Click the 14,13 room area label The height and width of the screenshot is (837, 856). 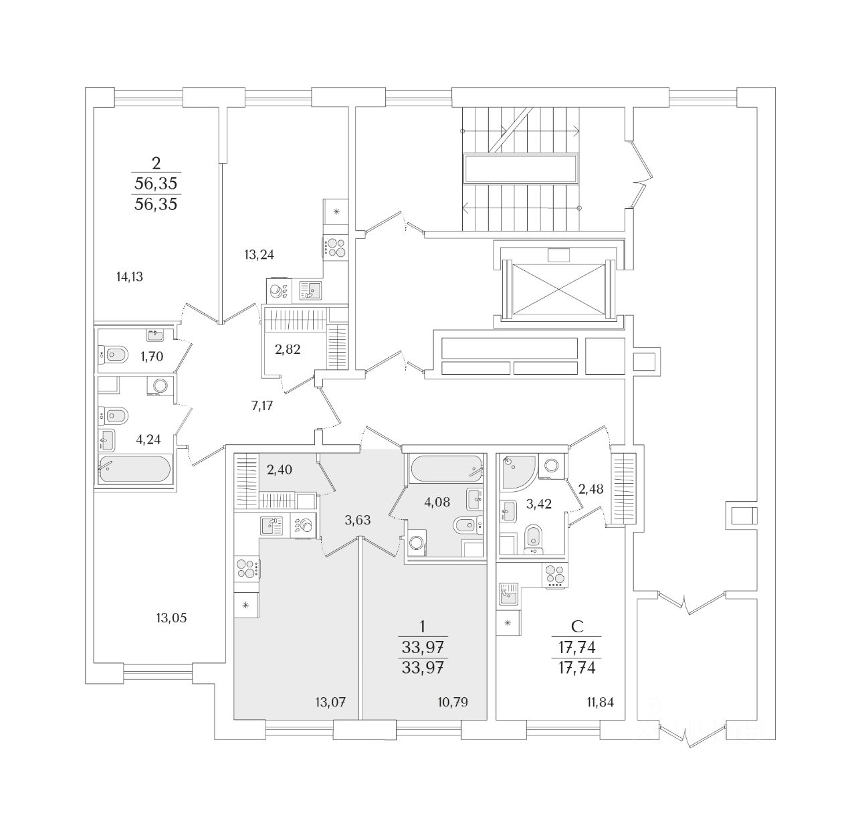[130, 276]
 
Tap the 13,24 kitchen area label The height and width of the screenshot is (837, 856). [259, 254]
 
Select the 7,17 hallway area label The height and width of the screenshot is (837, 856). [261, 405]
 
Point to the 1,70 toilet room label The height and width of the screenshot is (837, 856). [152, 357]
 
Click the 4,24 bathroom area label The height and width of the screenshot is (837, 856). [148, 440]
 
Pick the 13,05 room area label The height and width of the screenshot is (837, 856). [171, 618]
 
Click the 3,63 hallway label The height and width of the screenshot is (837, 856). [358, 520]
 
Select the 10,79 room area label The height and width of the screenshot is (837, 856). [453, 702]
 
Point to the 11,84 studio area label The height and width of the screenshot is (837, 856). [599, 702]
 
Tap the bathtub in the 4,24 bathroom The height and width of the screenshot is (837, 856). [135, 468]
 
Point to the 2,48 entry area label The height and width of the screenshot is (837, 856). [591, 489]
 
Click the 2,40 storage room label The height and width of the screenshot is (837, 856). [280, 470]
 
